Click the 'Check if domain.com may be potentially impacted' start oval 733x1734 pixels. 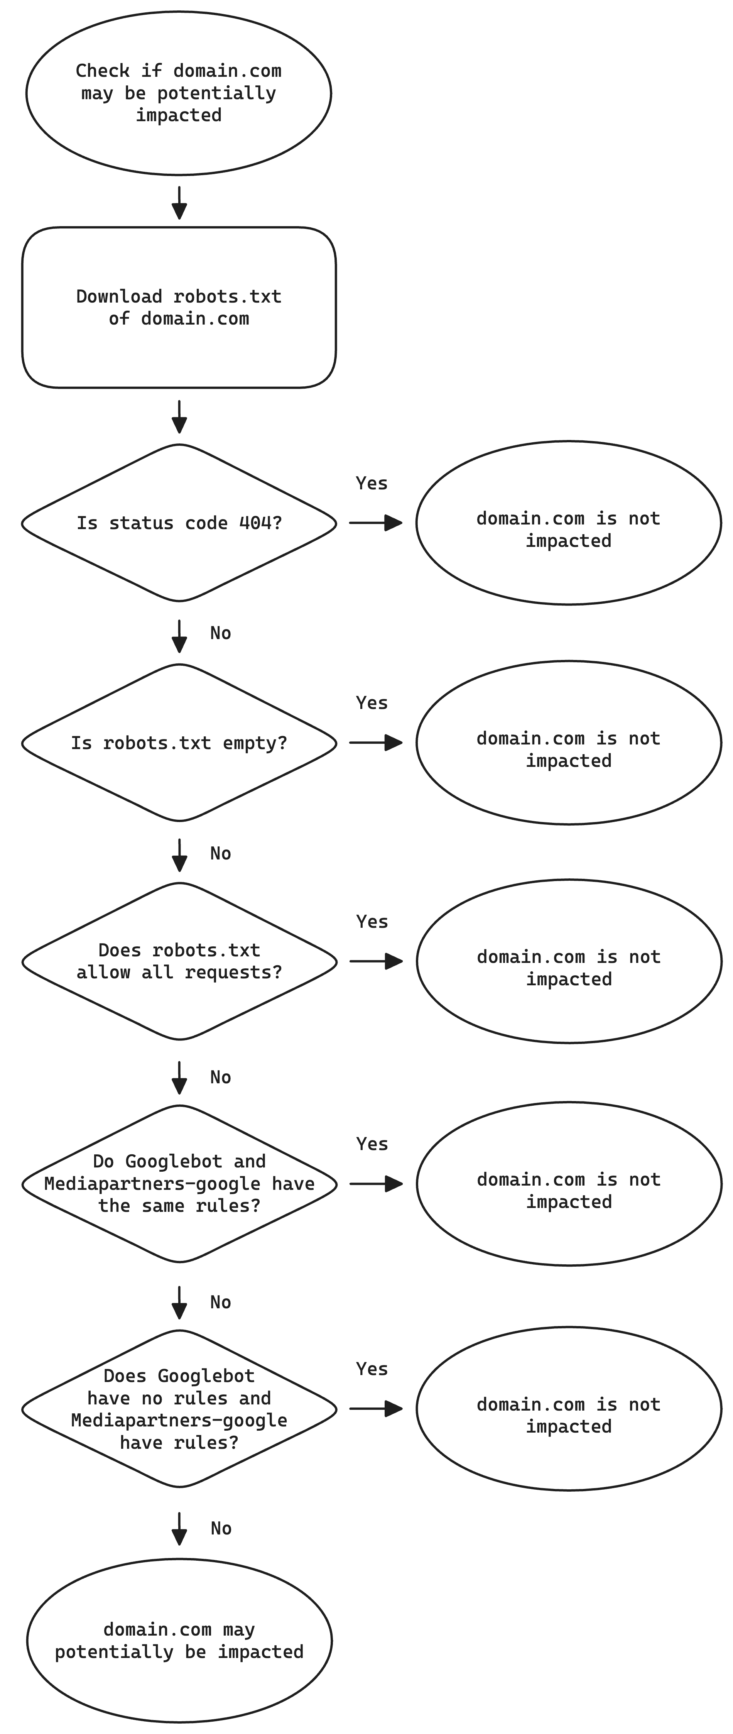[x=178, y=93]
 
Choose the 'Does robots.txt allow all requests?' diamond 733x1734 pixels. [x=178, y=961]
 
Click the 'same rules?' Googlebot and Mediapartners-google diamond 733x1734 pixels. [x=178, y=1183]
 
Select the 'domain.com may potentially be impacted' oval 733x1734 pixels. [x=178, y=1641]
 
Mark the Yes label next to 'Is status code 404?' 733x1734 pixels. [x=372, y=483]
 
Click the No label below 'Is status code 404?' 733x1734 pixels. [x=220, y=633]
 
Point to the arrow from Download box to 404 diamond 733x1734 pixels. [x=179, y=417]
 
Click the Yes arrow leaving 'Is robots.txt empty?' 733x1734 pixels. [x=376, y=743]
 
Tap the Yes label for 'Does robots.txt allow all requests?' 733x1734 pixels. [x=372, y=922]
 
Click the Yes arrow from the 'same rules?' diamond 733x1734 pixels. [x=376, y=1183]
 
